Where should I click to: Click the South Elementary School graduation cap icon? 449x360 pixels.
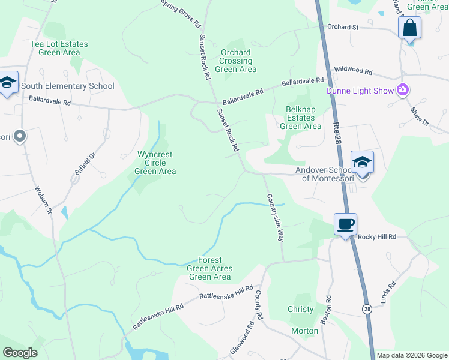tap(8, 83)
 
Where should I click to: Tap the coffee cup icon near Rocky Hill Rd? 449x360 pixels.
tap(345, 224)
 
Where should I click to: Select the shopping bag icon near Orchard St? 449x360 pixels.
tap(409, 28)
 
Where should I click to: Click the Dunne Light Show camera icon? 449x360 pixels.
tap(402, 91)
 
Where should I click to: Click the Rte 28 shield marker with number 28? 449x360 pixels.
tap(366, 308)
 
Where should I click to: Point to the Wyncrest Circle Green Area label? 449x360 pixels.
tap(156, 163)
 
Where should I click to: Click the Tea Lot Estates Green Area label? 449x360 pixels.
tap(59, 48)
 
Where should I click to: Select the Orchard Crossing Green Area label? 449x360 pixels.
tap(236, 61)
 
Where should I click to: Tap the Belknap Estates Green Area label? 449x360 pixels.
tap(301, 118)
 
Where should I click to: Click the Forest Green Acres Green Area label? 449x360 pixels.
tap(209, 268)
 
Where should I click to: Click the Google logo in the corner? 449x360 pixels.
tap(20, 353)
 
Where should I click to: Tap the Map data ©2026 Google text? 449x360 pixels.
tap(412, 355)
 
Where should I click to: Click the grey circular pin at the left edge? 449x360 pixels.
tap(19, 137)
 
